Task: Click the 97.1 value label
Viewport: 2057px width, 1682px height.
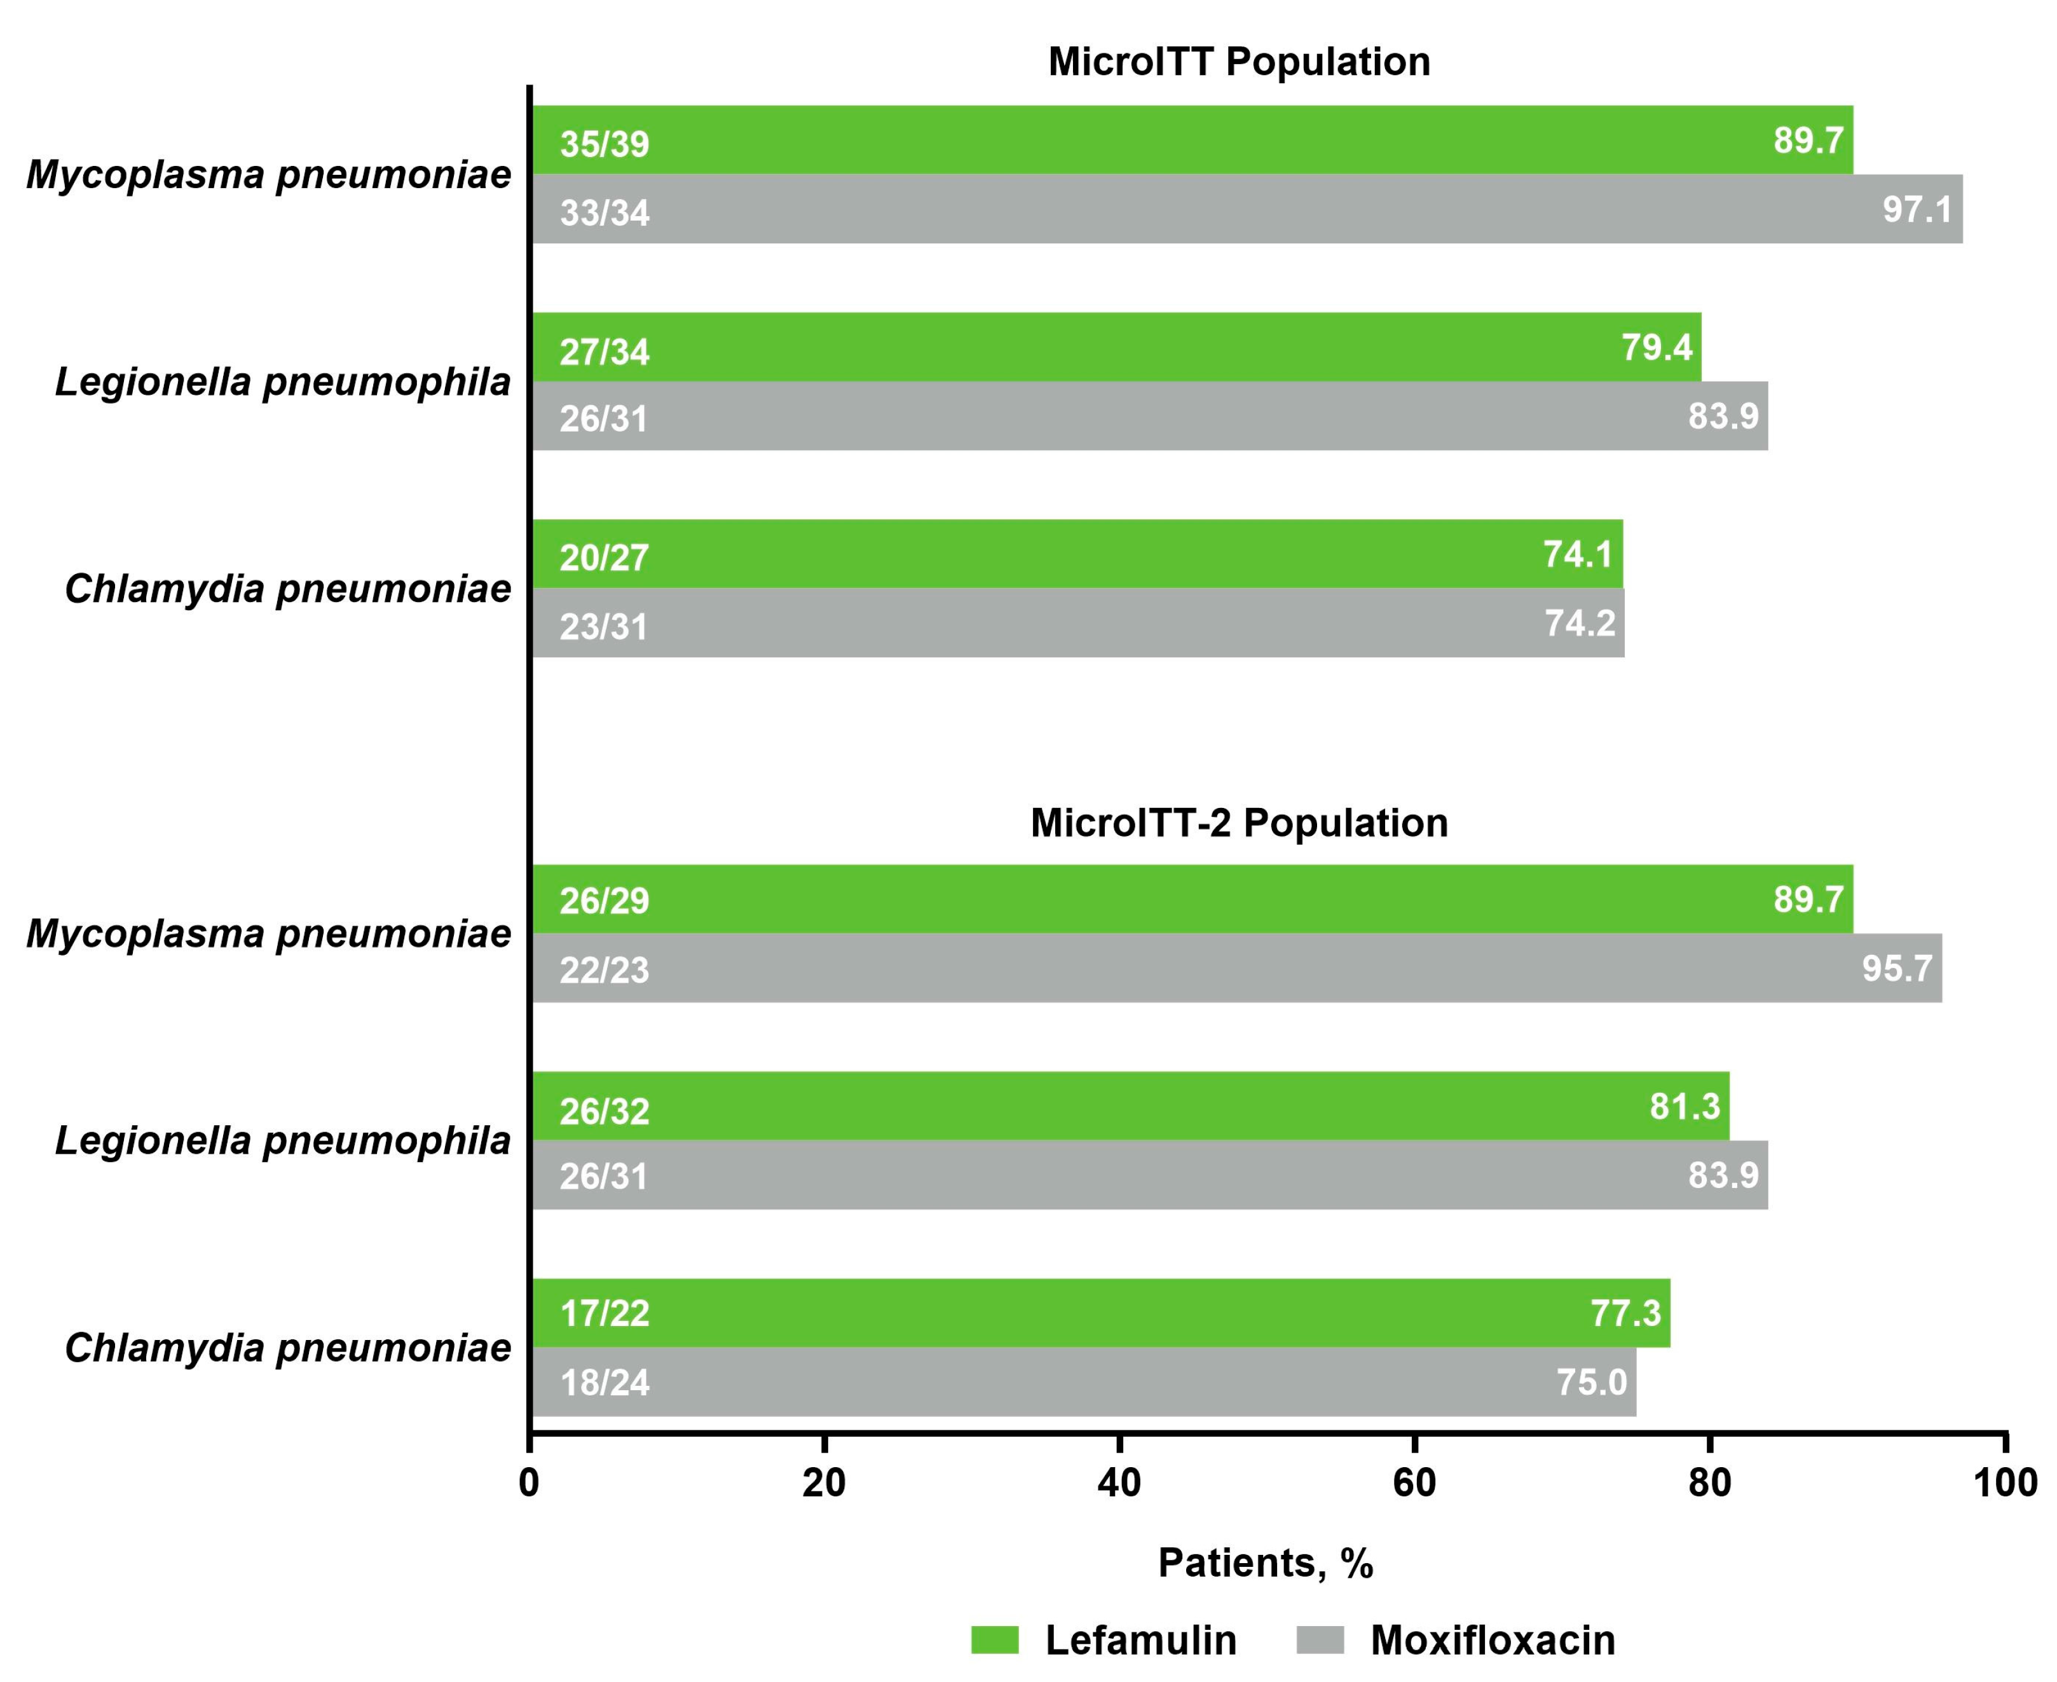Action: coord(1917,209)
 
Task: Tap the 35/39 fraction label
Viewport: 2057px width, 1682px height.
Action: coord(605,144)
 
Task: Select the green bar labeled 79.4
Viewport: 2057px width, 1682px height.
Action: coord(1114,347)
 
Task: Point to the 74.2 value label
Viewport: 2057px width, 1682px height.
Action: coord(1580,623)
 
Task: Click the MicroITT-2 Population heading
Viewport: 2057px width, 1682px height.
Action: coord(1238,823)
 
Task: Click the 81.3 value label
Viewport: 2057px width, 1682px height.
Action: coord(1684,1105)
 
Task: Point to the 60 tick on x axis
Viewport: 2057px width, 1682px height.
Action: coord(1414,1484)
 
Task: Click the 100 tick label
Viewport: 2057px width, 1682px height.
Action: coord(2006,1484)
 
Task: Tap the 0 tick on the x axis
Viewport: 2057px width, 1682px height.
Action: coord(529,1484)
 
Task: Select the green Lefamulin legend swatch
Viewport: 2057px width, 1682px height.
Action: coord(995,1640)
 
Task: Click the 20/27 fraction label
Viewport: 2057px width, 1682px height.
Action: coord(604,558)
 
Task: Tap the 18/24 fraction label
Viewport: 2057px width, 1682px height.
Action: coord(605,1383)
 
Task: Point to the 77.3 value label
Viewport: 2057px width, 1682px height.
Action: coord(1625,1313)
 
